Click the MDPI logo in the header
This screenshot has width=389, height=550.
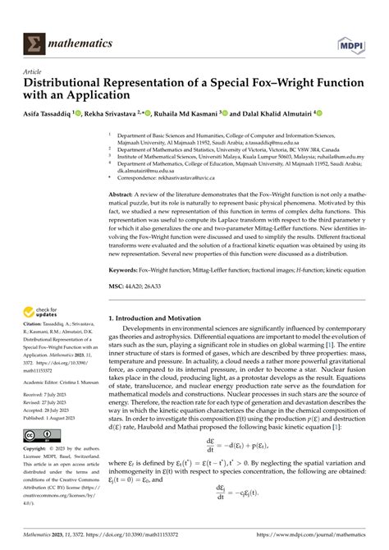pyautogui.click(x=351, y=42)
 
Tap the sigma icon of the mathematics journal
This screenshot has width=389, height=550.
pyautogui.click(x=35, y=43)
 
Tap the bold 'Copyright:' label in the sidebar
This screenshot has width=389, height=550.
pyautogui.click(x=39, y=449)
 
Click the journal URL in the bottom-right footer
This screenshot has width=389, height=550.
pyautogui.click(x=315, y=539)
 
